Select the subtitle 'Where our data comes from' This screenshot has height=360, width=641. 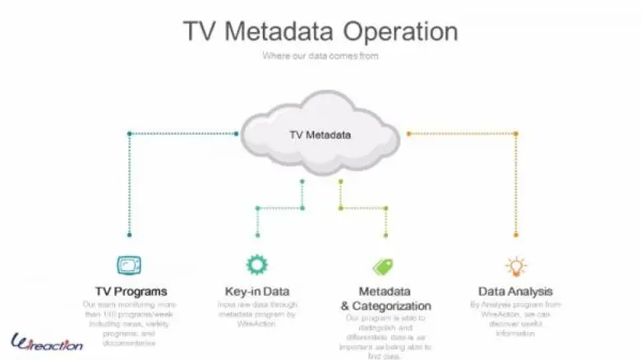click(320, 56)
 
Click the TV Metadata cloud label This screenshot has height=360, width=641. click(320, 134)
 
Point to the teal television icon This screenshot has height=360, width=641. click(129, 265)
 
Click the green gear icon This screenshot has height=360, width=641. click(257, 265)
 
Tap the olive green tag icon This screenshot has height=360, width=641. click(383, 266)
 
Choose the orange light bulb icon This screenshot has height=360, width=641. click(515, 265)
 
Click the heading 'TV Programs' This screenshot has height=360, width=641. click(131, 291)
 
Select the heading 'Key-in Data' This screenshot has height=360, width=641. click(257, 291)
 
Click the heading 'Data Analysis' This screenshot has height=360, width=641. click(515, 291)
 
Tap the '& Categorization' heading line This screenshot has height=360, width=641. click(385, 306)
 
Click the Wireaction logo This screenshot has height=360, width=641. click(47, 342)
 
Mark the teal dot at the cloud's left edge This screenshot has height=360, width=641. click(237, 133)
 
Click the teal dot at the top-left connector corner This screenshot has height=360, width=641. click(129, 133)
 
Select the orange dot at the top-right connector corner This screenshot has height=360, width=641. click(516, 133)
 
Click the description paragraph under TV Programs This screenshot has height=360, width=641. click(131, 323)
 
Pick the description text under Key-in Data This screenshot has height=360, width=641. click(257, 313)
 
